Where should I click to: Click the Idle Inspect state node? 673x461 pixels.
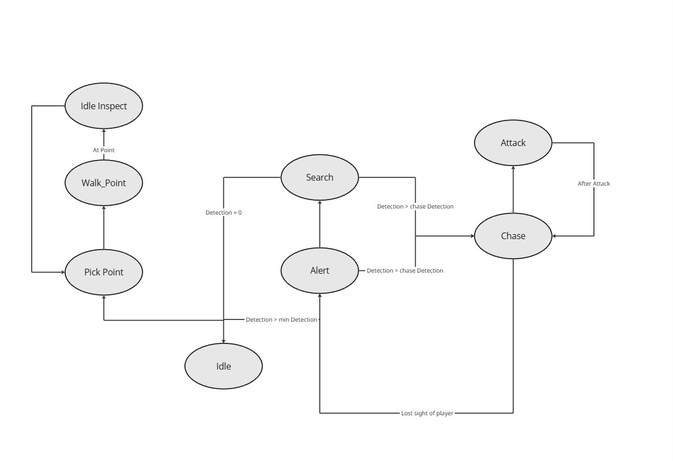click(x=104, y=106)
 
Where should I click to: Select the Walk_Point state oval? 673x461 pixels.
click(x=104, y=183)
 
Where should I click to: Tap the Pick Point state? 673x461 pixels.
click(x=104, y=272)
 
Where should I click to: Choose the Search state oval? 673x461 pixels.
click(x=319, y=177)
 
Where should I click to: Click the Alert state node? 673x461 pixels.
click(x=319, y=270)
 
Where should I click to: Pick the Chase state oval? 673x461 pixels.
click(x=513, y=236)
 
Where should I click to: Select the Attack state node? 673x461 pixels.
click(x=513, y=143)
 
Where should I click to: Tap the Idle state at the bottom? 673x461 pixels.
click(x=223, y=366)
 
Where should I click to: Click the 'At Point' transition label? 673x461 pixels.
click(x=104, y=150)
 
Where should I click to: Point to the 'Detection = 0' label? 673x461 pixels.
click(x=223, y=212)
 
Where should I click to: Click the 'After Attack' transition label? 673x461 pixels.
click(x=593, y=183)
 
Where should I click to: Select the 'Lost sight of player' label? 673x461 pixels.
click(x=427, y=413)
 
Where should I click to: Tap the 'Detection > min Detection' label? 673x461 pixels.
click(x=281, y=319)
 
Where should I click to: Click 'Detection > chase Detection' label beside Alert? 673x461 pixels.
click(x=404, y=270)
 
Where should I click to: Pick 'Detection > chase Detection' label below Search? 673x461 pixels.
click(x=415, y=206)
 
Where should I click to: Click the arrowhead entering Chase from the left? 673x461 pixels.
click(x=471, y=236)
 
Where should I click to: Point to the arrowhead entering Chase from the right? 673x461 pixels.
click(x=555, y=236)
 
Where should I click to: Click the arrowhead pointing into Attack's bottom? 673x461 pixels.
click(x=513, y=168)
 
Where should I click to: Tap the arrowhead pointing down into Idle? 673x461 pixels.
click(x=223, y=341)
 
